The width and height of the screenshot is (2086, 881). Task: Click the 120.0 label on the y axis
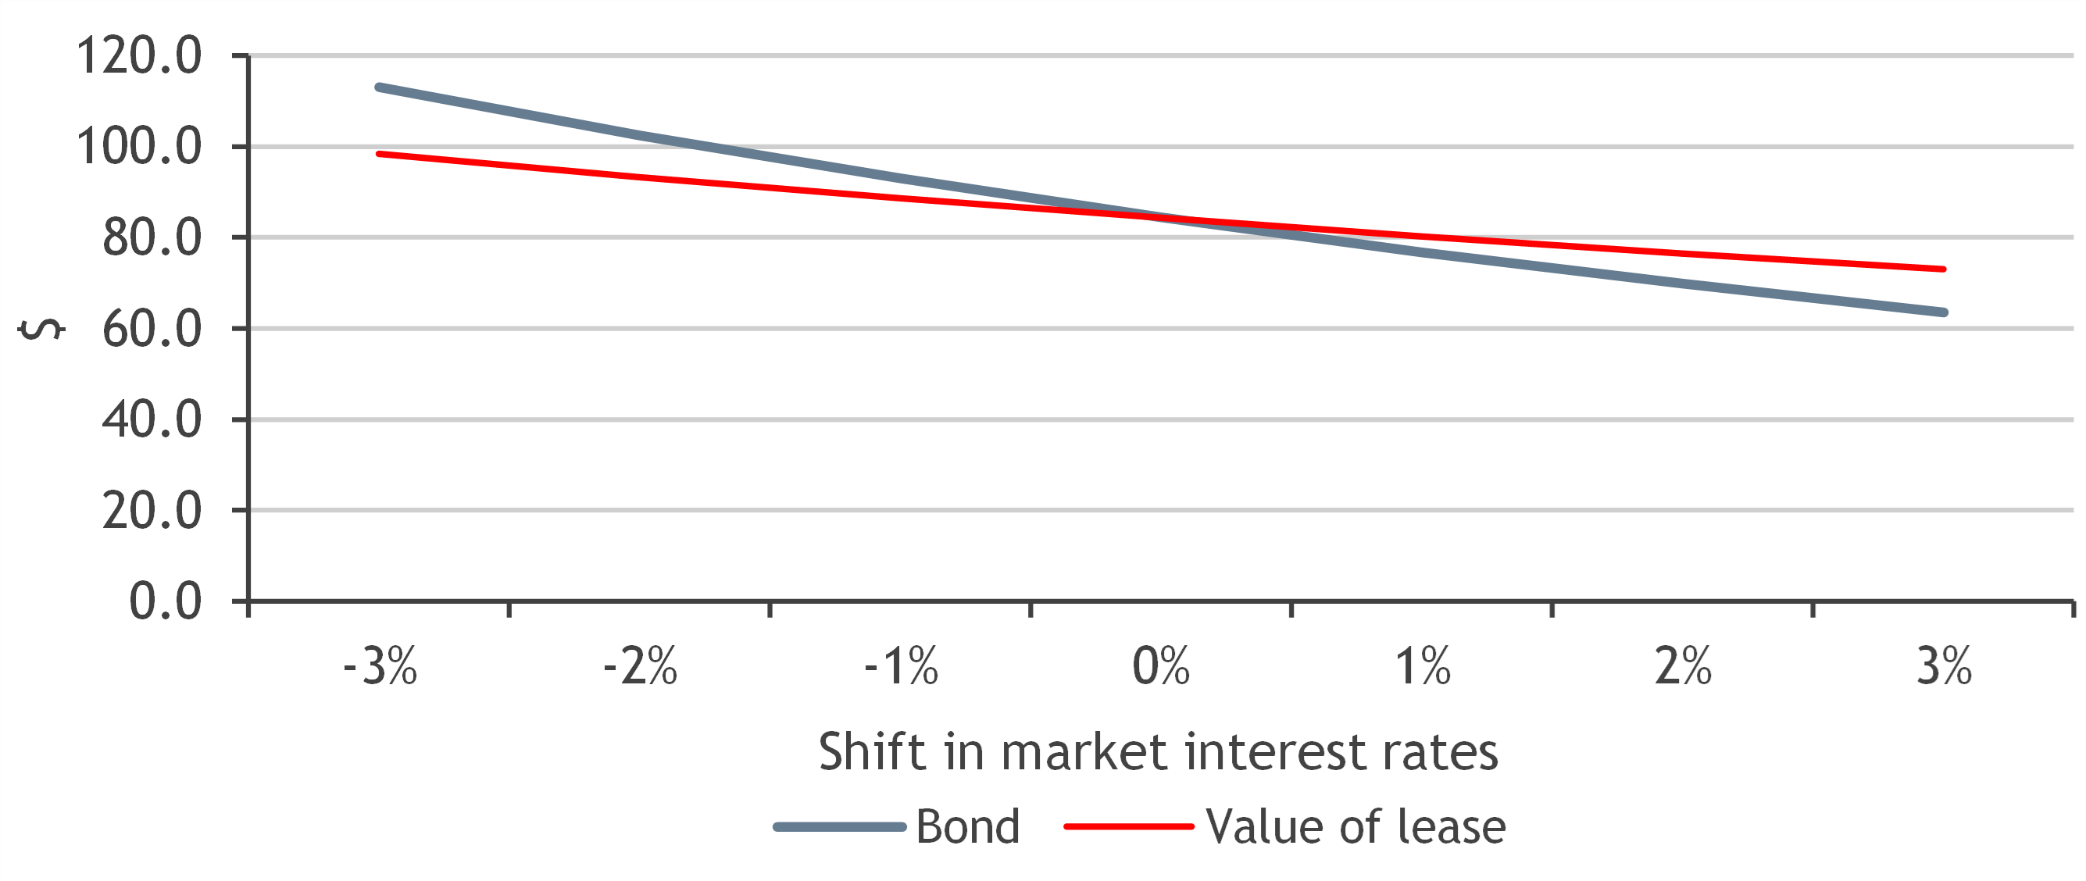[x=138, y=56]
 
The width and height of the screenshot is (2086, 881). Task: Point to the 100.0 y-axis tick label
[x=138, y=147]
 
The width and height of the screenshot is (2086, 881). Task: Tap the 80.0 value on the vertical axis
[x=152, y=238]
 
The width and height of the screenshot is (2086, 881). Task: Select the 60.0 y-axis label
[x=152, y=329]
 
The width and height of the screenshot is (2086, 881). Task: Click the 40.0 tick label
[x=152, y=419]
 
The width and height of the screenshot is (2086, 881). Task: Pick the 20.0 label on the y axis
[x=152, y=511]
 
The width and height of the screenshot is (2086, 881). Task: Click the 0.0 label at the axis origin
[x=165, y=601]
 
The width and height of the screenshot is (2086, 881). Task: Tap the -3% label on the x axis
[x=380, y=667]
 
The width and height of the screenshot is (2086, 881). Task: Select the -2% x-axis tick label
[x=640, y=667]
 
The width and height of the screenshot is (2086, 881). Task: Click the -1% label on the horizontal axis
[x=901, y=667]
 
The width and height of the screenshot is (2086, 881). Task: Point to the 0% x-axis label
[x=1161, y=667]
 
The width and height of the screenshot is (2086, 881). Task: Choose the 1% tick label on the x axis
[x=1422, y=667]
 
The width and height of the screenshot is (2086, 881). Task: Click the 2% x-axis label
[x=1683, y=667]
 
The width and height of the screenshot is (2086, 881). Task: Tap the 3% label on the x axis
[x=1944, y=667]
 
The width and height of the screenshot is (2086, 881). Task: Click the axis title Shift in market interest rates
[x=1158, y=752]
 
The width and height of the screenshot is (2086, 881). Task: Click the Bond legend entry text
[x=968, y=827]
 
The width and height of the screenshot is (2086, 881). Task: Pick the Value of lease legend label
[x=1356, y=827]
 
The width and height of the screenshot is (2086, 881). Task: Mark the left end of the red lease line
[x=379, y=154]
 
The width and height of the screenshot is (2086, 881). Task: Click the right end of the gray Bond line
[x=1945, y=312]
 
